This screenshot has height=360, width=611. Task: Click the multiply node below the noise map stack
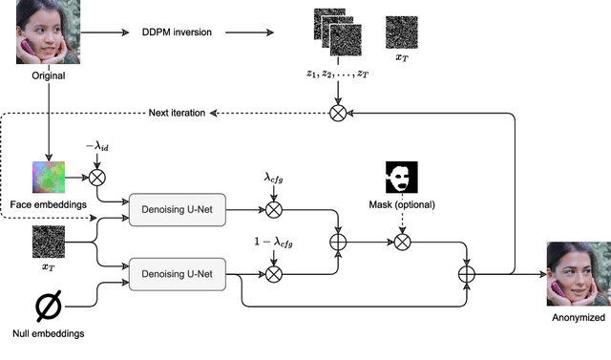337,113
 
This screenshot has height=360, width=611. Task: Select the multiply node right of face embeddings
95,177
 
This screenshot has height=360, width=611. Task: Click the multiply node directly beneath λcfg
274,208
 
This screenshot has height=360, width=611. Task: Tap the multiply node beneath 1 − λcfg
274,275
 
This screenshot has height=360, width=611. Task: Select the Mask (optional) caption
402,205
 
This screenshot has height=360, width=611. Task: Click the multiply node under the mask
402,243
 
